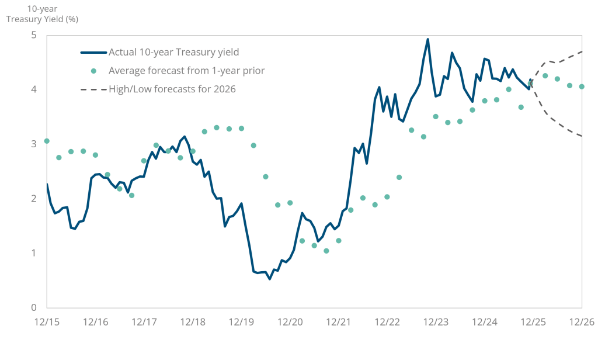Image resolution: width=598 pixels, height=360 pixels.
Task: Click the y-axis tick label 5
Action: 34,35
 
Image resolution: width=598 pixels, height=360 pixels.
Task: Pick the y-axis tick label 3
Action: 34,144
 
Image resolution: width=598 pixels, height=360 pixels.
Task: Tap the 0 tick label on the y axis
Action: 34,307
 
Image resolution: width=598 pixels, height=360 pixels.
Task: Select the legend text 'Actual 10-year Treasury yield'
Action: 173,52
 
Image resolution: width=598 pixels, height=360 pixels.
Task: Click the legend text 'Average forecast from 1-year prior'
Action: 186,71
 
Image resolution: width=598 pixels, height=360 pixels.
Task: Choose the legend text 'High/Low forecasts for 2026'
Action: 172,89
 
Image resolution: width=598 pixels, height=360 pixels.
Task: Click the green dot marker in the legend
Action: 93,71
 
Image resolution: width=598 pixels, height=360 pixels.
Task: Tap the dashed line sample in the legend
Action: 93,89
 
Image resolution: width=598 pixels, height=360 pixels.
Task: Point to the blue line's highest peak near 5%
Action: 427,39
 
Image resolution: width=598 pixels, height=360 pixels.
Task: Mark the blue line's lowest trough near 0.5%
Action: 270,279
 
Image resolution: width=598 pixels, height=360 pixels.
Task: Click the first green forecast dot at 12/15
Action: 47,141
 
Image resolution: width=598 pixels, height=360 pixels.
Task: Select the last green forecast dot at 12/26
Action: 582,86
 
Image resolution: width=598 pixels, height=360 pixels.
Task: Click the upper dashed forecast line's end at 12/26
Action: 582,51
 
